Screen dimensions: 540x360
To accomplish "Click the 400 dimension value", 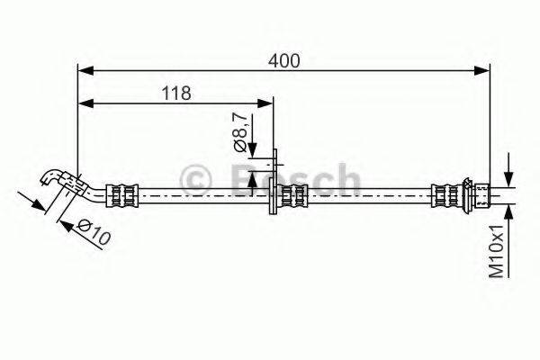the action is (284, 61).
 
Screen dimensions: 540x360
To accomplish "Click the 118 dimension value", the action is (176, 93).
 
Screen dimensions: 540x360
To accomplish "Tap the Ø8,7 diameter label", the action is (240, 132).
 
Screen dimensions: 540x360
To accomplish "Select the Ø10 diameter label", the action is (94, 231).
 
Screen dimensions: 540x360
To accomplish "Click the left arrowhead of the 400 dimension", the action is (85, 70).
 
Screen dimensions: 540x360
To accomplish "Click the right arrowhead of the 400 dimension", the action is (481, 70).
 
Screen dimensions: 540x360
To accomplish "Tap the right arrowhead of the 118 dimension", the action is (265, 103).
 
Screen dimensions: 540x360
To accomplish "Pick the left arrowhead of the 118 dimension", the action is (85, 103).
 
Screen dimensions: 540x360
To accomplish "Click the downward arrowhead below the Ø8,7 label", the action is (252, 148).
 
